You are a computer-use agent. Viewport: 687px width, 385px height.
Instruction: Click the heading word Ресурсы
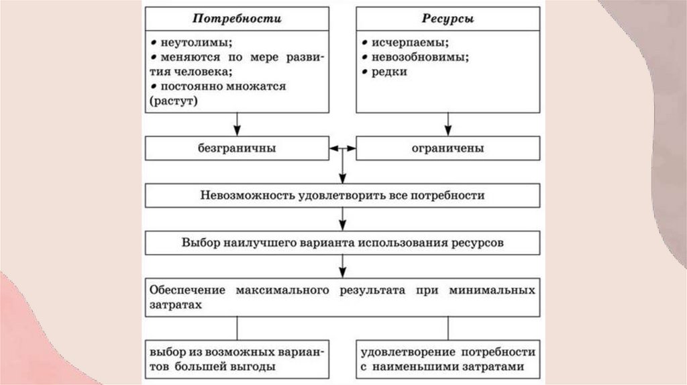[447, 19]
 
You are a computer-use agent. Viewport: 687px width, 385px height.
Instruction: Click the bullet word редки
[388, 72]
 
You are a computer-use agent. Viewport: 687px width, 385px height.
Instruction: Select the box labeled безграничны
[237, 148]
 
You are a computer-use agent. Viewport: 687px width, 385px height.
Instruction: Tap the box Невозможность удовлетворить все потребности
[342, 196]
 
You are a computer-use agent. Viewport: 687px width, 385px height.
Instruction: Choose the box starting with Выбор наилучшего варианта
[342, 243]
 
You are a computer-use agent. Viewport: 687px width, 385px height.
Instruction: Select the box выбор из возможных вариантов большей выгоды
[237, 360]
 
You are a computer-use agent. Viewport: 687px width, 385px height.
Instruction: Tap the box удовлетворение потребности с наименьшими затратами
[447, 360]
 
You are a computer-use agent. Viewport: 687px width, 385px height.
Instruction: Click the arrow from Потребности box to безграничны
[237, 124]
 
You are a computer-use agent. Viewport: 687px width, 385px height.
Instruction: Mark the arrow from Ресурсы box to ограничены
[447, 124]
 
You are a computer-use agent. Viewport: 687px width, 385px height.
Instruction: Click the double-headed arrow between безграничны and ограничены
[343, 148]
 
